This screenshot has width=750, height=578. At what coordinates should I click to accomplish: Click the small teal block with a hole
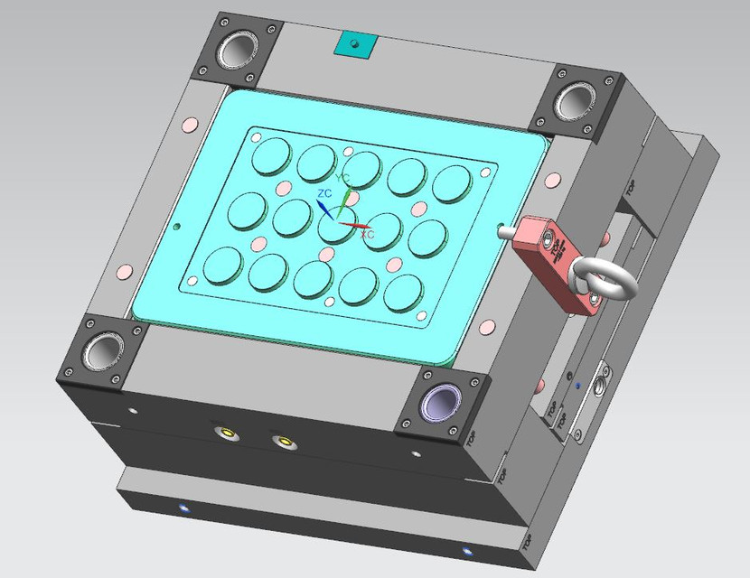pyautogui.click(x=354, y=42)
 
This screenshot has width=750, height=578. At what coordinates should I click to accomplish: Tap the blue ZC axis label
pyautogui.click(x=323, y=194)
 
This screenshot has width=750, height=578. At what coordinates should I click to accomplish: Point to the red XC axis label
pyautogui.click(x=368, y=235)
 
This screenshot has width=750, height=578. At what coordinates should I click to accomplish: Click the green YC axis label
pyautogui.click(x=343, y=178)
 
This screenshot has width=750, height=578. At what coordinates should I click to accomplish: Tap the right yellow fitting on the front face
pyautogui.click(x=286, y=442)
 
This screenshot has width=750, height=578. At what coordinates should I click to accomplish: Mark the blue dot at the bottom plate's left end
pyautogui.click(x=184, y=508)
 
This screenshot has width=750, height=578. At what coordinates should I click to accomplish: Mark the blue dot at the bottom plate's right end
pyautogui.click(x=467, y=551)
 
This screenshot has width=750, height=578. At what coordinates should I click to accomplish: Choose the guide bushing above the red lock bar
pyautogui.click(x=576, y=99)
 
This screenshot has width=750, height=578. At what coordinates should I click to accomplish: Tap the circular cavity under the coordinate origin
pyautogui.click(x=336, y=228)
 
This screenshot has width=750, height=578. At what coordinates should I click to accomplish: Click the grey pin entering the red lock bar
pyautogui.click(x=505, y=230)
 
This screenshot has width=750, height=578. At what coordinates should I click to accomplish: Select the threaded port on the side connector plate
pyautogui.click(x=601, y=384)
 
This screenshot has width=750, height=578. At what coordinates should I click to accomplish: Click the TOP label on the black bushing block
pyautogui.click(x=472, y=438)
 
